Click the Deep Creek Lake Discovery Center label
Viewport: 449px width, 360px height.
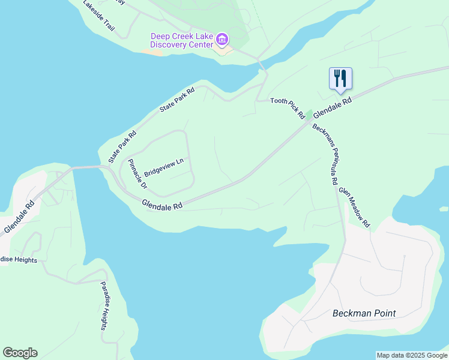pos(181,40)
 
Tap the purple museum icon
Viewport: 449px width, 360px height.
pos(222,40)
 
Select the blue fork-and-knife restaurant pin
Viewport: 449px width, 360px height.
pos(340,79)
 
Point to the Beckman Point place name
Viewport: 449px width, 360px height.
pos(364,313)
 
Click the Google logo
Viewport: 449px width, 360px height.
pos(20,353)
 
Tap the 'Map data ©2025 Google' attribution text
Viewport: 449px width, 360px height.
pos(412,355)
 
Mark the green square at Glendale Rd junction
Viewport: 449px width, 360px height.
pos(309,115)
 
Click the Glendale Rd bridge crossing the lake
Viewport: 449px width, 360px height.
pos(88,168)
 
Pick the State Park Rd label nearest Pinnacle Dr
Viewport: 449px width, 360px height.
pos(123,147)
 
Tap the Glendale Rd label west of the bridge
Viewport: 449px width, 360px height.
pos(19,217)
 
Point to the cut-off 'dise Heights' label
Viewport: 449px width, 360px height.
pos(19,260)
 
